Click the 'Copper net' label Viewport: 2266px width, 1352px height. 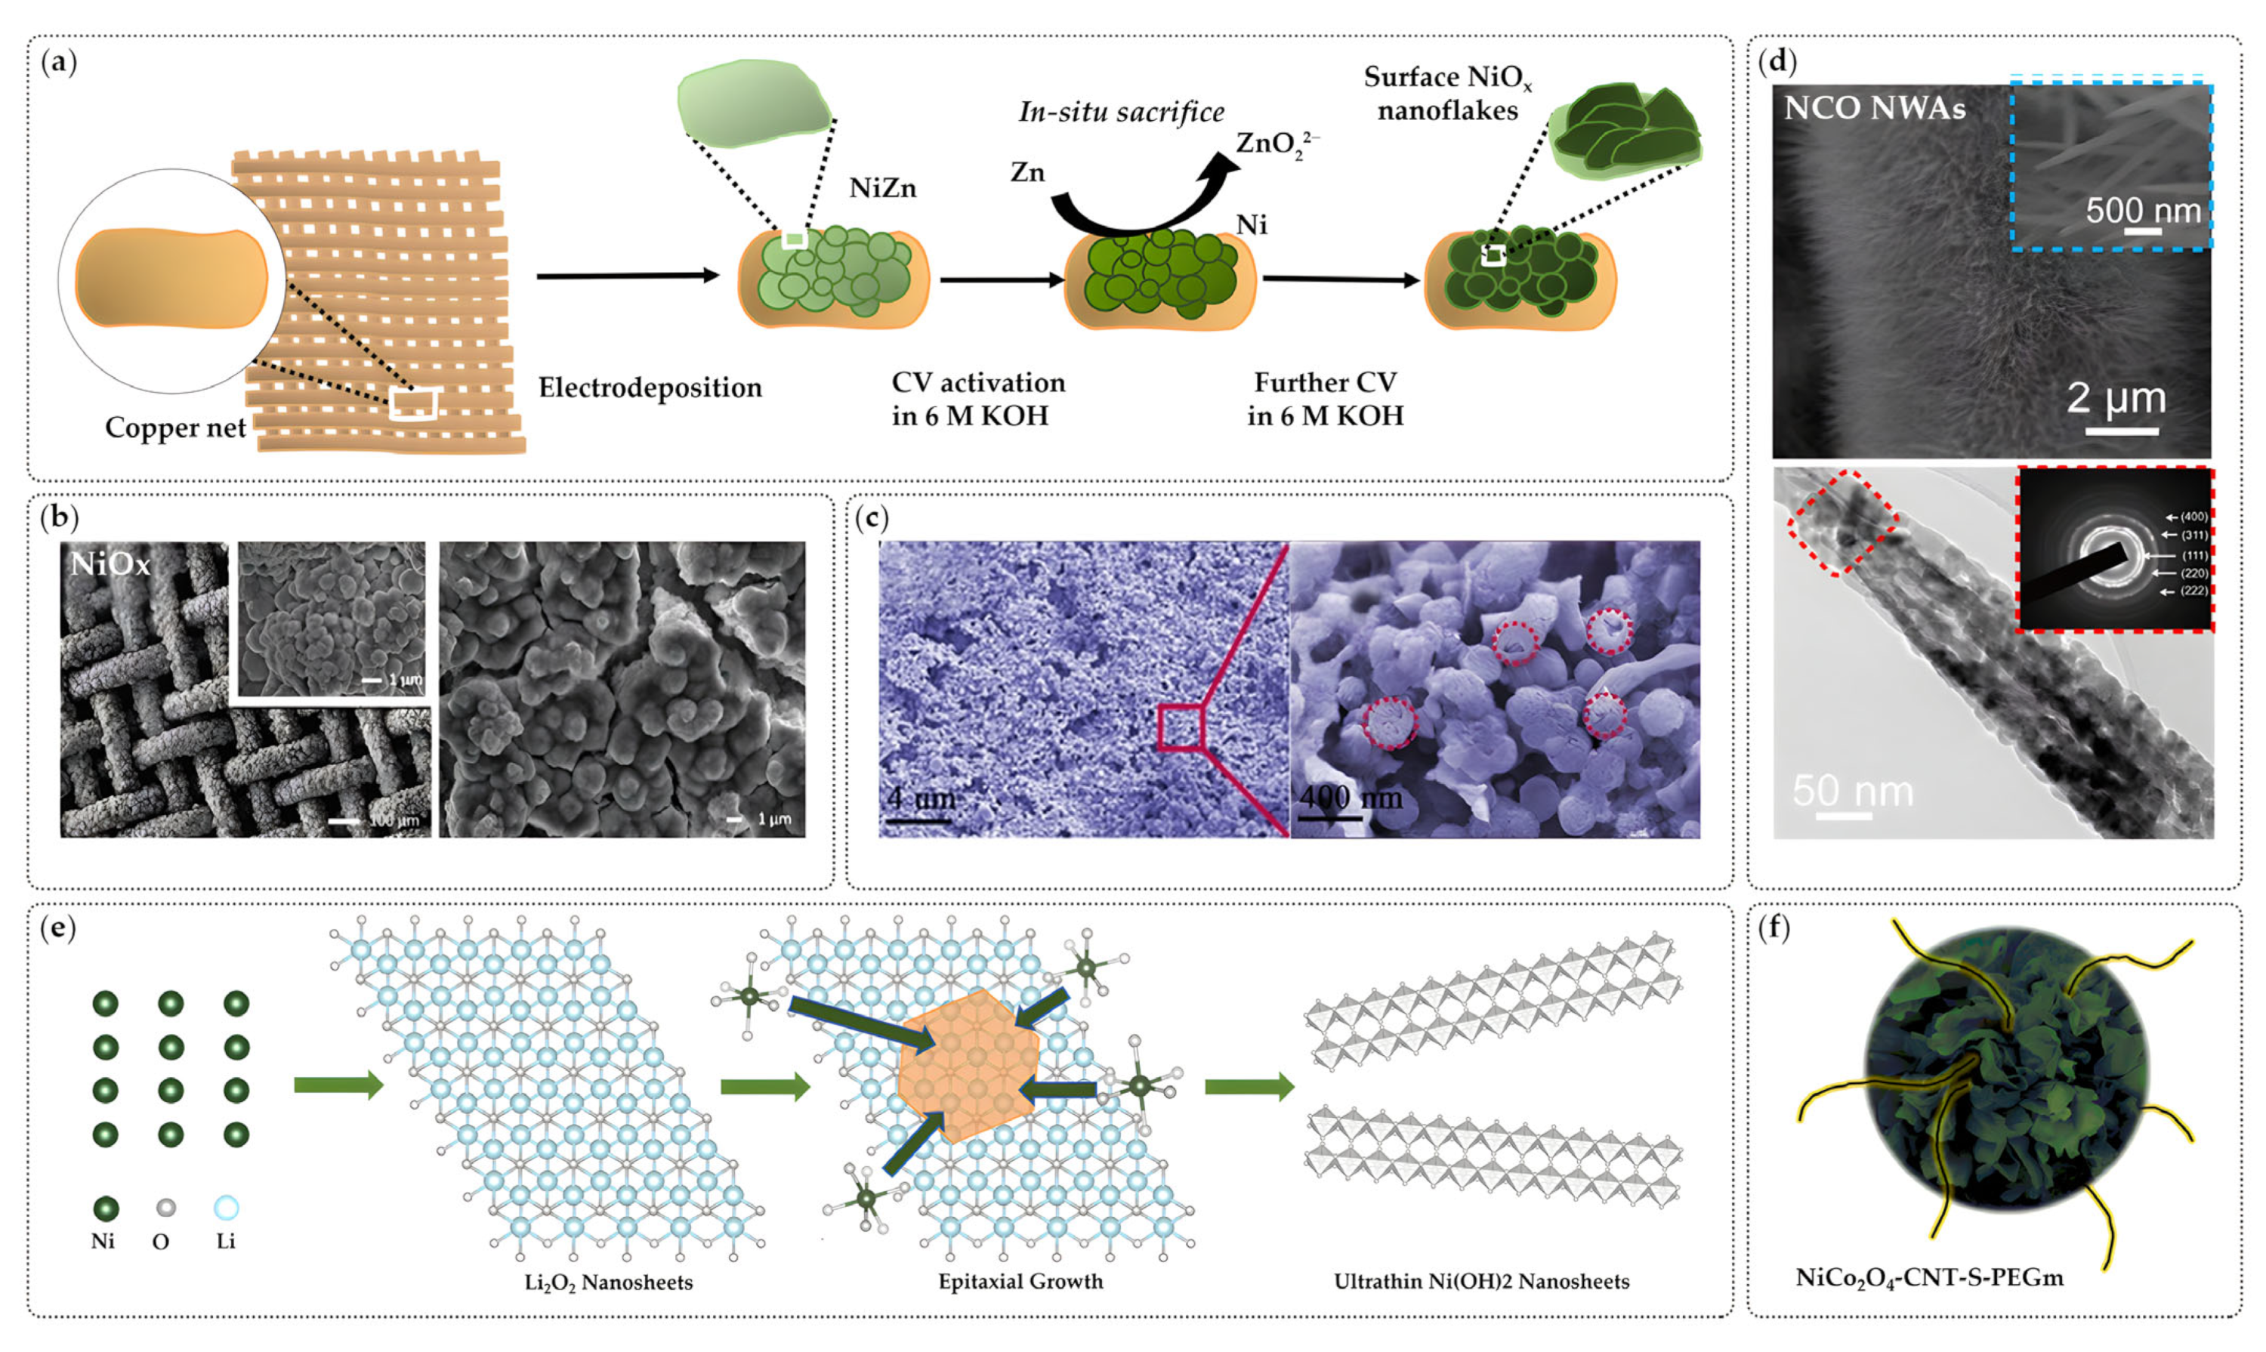(175, 428)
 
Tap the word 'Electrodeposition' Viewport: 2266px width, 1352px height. (650, 388)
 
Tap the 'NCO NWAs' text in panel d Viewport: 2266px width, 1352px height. (1874, 109)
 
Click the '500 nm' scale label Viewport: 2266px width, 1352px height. (2142, 211)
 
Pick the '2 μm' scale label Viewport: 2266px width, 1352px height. (2115, 398)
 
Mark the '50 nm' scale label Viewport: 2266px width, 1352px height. (1852, 791)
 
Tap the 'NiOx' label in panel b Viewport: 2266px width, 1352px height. (110, 565)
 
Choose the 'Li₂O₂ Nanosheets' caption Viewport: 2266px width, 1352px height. (609, 1283)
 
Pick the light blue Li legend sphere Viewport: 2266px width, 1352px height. (226, 1208)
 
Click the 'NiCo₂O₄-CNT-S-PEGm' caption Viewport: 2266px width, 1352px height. (1929, 1278)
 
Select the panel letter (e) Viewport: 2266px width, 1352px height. (58, 928)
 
